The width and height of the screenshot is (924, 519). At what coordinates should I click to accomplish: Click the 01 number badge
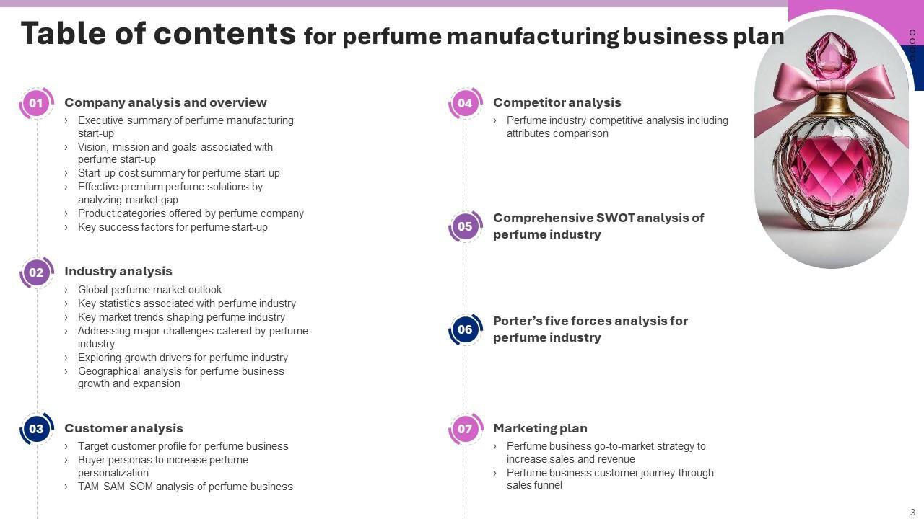tap(36, 103)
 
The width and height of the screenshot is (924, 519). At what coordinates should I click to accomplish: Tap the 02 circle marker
tap(36, 272)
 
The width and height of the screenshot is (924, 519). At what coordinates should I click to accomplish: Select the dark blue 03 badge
tap(36, 430)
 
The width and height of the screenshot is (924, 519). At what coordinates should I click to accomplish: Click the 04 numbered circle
tap(465, 103)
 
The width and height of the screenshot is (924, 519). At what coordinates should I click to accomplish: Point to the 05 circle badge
tap(465, 226)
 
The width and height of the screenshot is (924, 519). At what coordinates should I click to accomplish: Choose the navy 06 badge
tap(465, 329)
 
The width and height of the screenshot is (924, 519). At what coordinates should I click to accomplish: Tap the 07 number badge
tap(465, 430)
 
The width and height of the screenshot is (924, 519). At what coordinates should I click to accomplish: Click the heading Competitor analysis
tap(557, 102)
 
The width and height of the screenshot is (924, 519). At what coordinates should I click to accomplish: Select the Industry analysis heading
tap(118, 271)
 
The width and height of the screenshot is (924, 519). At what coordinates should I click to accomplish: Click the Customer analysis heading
tap(123, 428)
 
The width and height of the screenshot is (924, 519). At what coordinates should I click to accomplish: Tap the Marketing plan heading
tap(540, 428)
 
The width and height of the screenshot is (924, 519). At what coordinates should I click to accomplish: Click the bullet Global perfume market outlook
tap(149, 290)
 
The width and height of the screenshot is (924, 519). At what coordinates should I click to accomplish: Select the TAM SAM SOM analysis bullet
tap(185, 487)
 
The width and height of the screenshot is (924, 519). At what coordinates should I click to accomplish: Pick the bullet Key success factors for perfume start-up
tap(173, 227)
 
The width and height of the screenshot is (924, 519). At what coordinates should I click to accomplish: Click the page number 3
tap(912, 513)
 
